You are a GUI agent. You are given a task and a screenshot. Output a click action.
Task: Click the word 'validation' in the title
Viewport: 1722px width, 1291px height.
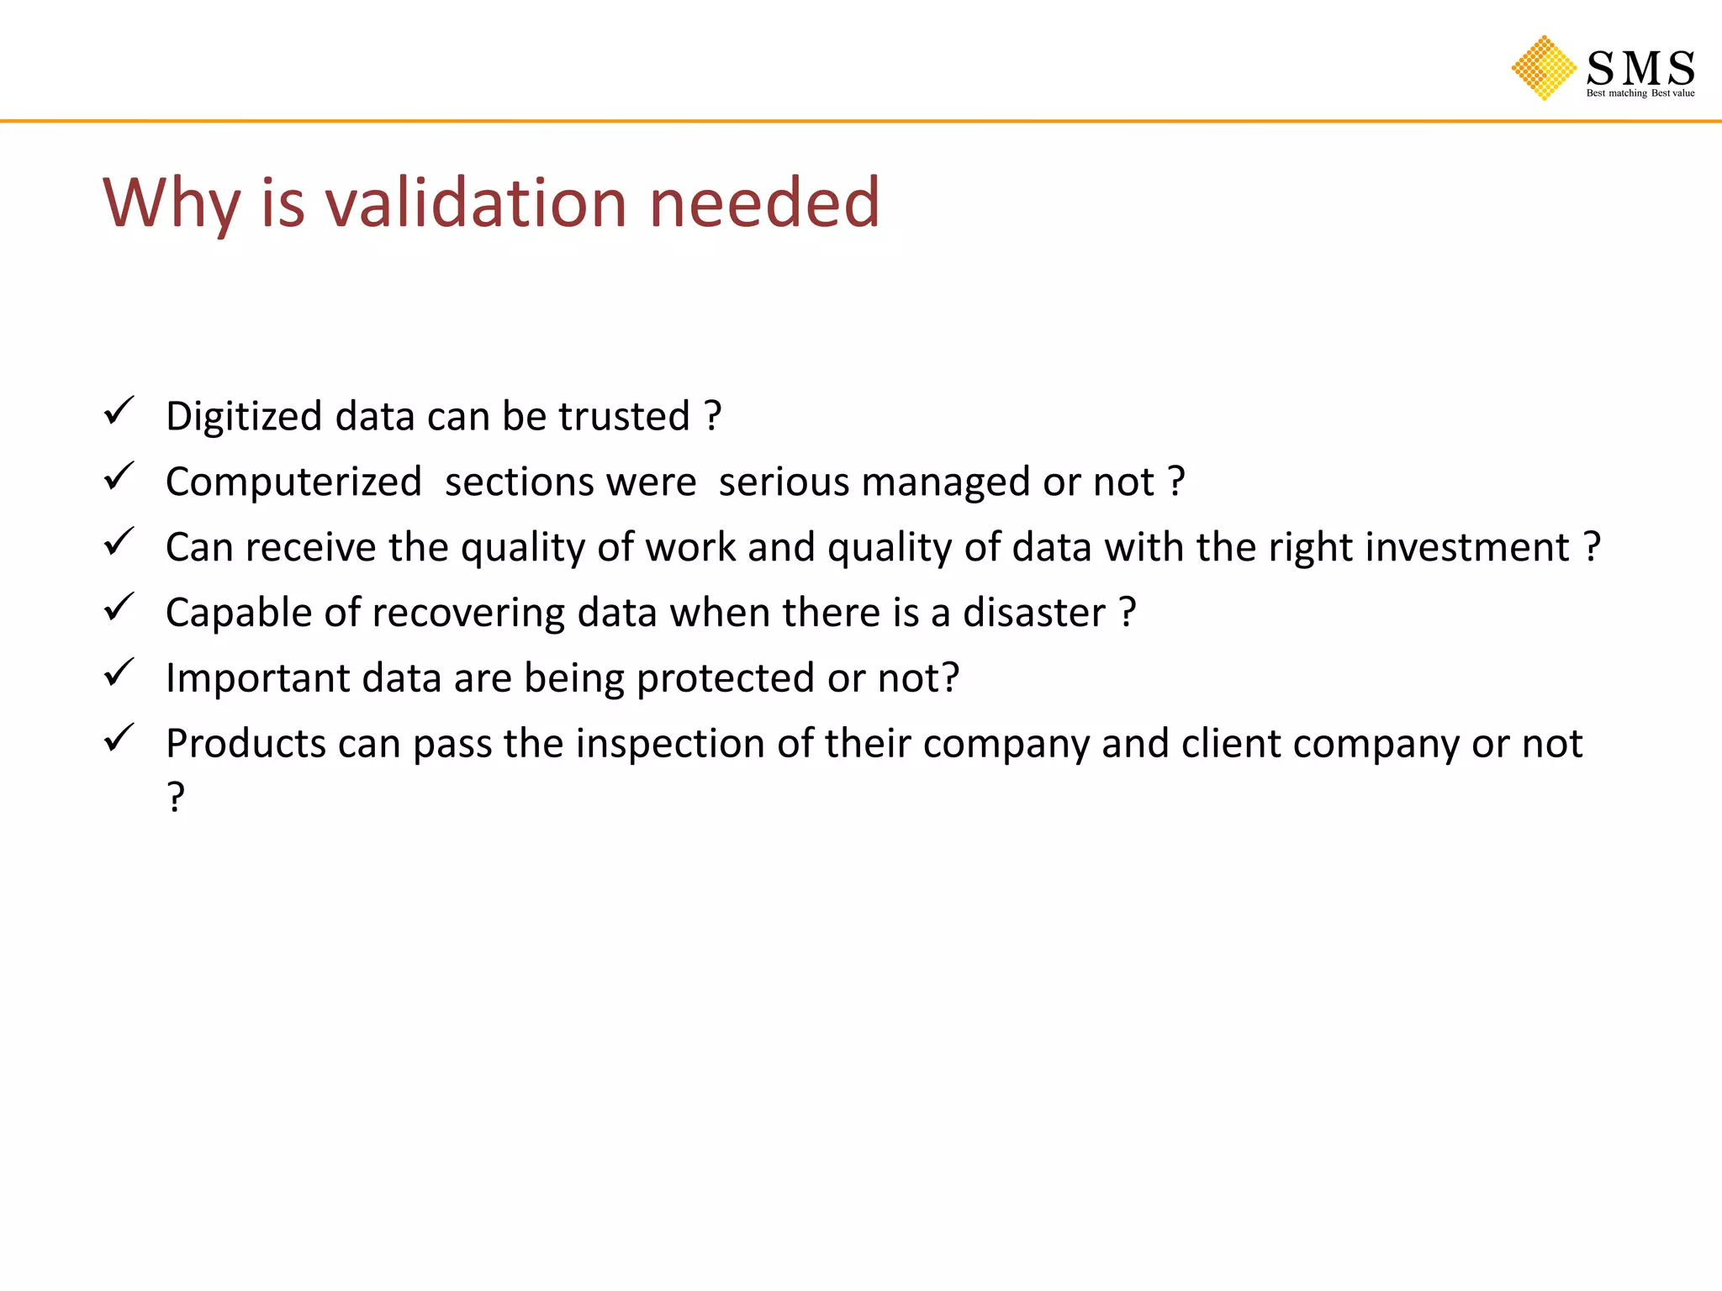(476, 203)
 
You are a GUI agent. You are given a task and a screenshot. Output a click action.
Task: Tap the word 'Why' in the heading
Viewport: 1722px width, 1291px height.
(172, 203)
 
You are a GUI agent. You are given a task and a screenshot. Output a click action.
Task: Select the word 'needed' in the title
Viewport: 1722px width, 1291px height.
(764, 203)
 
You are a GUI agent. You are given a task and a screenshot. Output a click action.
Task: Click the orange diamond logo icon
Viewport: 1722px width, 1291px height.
(1544, 68)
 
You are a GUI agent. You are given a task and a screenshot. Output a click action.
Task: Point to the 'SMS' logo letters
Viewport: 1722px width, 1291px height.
(1640, 67)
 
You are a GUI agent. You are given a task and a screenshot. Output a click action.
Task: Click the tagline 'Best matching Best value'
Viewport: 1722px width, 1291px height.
(1640, 93)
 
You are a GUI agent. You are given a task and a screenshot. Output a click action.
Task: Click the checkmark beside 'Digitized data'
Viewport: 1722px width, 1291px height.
(119, 411)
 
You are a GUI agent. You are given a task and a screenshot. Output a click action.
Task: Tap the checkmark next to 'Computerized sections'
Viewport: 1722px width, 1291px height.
(119, 477)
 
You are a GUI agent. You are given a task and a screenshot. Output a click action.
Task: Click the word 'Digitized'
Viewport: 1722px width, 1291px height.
(244, 417)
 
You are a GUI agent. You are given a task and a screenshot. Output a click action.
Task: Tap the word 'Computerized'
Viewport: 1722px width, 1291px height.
(293, 482)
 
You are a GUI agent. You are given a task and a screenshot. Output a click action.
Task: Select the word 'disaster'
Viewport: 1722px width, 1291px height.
(1033, 613)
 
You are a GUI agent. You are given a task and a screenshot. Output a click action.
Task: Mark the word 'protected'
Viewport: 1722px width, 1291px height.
(725, 678)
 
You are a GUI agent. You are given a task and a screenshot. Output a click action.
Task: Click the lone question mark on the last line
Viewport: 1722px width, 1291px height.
(175, 797)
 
